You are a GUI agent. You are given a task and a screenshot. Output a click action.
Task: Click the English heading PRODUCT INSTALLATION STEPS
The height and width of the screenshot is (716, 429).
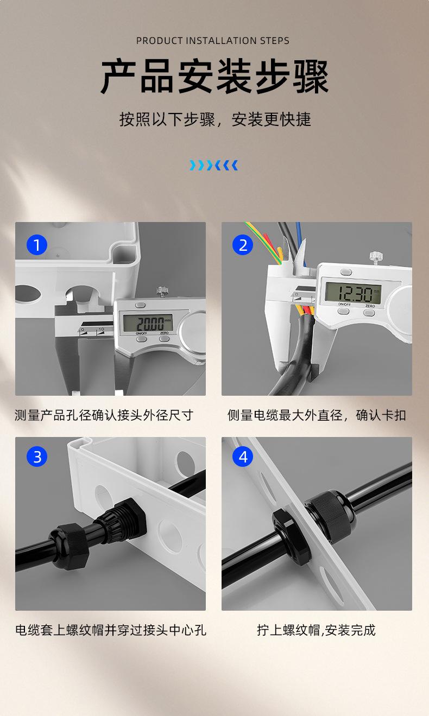tap(212, 41)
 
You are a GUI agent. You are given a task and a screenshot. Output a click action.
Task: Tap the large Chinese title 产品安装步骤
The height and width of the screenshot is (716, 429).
tap(214, 77)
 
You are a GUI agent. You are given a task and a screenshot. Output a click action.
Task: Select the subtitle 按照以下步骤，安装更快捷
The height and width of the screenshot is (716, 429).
tap(215, 119)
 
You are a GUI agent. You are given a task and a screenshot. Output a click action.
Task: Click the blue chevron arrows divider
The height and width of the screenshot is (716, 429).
tap(213, 165)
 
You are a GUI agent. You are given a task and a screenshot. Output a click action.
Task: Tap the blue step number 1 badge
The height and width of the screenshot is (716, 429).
tap(37, 245)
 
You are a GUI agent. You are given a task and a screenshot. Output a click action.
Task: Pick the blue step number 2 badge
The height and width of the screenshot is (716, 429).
tap(243, 245)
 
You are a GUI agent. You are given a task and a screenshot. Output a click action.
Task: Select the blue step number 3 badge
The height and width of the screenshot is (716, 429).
tap(37, 457)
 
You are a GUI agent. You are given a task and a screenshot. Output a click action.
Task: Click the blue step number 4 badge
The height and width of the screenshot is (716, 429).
tap(243, 457)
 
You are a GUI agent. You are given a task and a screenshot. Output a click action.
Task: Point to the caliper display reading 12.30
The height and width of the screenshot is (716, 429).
tap(353, 292)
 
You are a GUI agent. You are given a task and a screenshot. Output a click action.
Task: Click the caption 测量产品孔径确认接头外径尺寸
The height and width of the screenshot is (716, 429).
tap(104, 415)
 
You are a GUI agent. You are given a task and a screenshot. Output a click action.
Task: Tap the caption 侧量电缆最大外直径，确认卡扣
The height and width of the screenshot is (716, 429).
tap(317, 415)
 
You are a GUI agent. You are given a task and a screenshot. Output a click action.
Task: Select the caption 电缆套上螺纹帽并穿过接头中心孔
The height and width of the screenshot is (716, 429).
tap(111, 630)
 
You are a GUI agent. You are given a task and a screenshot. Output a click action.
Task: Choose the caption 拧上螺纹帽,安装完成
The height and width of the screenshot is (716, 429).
tap(316, 630)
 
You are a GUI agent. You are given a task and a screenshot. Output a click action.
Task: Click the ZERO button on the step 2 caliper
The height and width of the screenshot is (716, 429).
tap(369, 312)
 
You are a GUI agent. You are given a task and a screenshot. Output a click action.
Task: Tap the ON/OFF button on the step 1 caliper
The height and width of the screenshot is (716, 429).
tap(141, 339)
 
